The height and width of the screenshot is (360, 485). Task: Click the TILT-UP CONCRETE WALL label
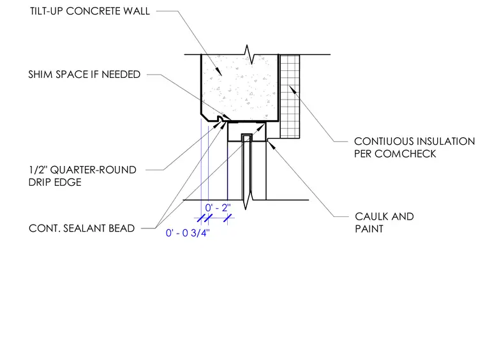click(x=90, y=11)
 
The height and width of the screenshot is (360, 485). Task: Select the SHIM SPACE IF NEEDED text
click(x=84, y=75)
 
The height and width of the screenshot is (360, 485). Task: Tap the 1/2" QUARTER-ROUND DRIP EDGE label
click(x=82, y=176)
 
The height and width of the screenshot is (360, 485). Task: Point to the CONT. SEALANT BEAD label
click(x=82, y=229)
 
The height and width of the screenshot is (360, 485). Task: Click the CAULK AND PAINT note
click(x=384, y=223)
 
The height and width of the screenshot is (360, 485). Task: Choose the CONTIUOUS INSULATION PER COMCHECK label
click(x=414, y=147)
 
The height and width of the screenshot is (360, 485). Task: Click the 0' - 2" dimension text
click(x=218, y=207)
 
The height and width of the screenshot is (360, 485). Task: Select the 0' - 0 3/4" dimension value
click(x=188, y=233)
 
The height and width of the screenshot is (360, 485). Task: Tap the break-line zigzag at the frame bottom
click(x=246, y=200)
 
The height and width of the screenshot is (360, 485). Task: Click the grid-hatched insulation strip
click(x=290, y=96)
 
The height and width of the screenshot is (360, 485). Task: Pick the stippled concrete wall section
click(x=239, y=87)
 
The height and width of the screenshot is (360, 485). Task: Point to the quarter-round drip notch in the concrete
click(x=221, y=119)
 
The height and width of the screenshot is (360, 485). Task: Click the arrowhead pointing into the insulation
click(x=293, y=90)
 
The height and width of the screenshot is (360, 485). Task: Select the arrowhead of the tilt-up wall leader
click(x=218, y=71)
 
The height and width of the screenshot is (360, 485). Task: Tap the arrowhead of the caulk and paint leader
click(x=271, y=144)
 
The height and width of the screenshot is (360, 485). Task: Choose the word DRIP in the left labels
click(x=40, y=182)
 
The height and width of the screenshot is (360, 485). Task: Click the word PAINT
click(x=369, y=229)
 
